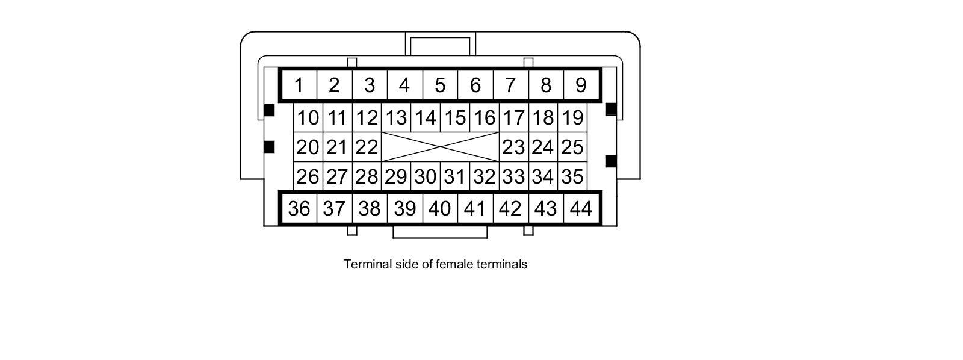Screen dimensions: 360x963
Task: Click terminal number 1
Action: (299, 85)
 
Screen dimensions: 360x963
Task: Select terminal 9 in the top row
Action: (581, 85)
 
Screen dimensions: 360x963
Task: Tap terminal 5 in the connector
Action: (440, 85)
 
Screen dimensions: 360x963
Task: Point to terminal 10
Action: (308, 117)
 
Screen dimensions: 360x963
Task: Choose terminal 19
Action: (572, 117)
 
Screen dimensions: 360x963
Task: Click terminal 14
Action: (426, 117)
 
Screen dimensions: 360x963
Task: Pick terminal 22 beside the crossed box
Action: (367, 147)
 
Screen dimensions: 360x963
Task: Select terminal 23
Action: (513, 147)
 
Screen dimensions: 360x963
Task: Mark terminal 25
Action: (572, 147)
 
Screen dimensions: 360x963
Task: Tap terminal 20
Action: (308, 147)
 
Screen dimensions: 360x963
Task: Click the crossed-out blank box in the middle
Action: (440, 147)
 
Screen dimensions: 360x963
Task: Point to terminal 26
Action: (308, 176)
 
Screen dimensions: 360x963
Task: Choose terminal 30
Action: (426, 176)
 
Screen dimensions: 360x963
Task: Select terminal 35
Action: (572, 176)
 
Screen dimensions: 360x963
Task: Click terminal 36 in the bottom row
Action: (299, 208)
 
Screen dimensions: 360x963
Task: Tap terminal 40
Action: (440, 208)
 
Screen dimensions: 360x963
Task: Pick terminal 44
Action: (581, 208)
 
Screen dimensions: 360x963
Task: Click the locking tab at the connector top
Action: (440, 45)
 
